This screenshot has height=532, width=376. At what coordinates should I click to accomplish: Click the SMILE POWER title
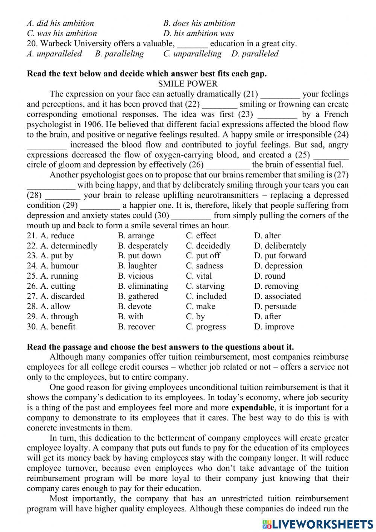[188, 84]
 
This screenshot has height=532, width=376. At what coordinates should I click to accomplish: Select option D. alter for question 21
[267, 236]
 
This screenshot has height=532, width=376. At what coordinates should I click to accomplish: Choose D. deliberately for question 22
[280, 246]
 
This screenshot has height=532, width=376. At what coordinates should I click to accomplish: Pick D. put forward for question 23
[280, 256]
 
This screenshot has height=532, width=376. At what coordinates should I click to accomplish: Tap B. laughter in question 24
[137, 266]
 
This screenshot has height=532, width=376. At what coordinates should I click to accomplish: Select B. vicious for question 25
[135, 276]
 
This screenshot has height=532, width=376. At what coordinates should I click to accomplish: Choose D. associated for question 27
[277, 296]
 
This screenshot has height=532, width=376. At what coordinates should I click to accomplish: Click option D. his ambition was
[198, 34]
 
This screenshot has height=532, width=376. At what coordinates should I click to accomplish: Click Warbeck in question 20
[55, 44]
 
